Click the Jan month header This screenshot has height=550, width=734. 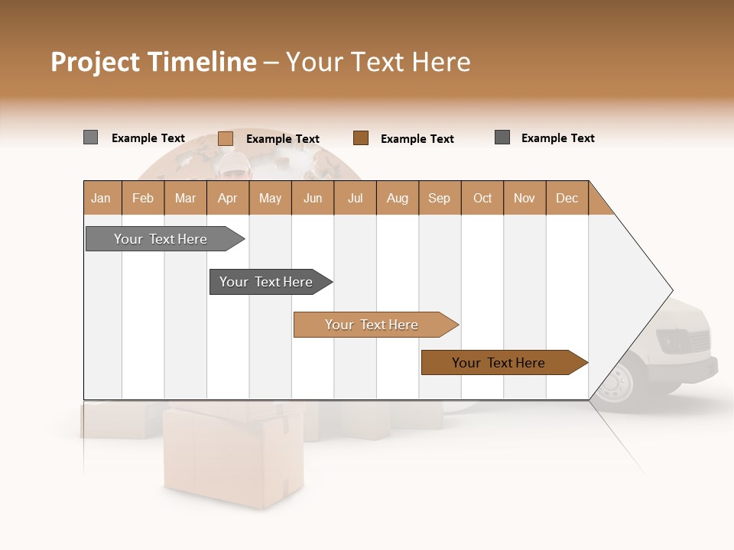(x=102, y=198)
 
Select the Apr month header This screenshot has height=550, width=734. (x=228, y=198)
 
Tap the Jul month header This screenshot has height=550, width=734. (x=355, y=198)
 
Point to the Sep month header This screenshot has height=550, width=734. (x=440, y=198)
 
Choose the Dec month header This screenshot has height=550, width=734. (x=567, y=198)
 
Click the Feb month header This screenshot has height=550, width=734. (x=143, y=198)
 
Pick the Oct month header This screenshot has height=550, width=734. (x=482, y=198)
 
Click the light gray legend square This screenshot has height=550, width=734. (x=90, y=137)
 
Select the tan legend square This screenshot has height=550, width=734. (x=226, y=138)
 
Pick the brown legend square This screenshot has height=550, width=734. (x=361, y=138)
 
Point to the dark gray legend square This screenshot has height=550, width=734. (x=502, y=137)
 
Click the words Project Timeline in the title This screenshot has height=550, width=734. (x=153, y=62)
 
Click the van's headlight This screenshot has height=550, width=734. (x=673, y=337)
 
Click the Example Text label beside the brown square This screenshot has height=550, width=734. (x=417, y=139)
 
